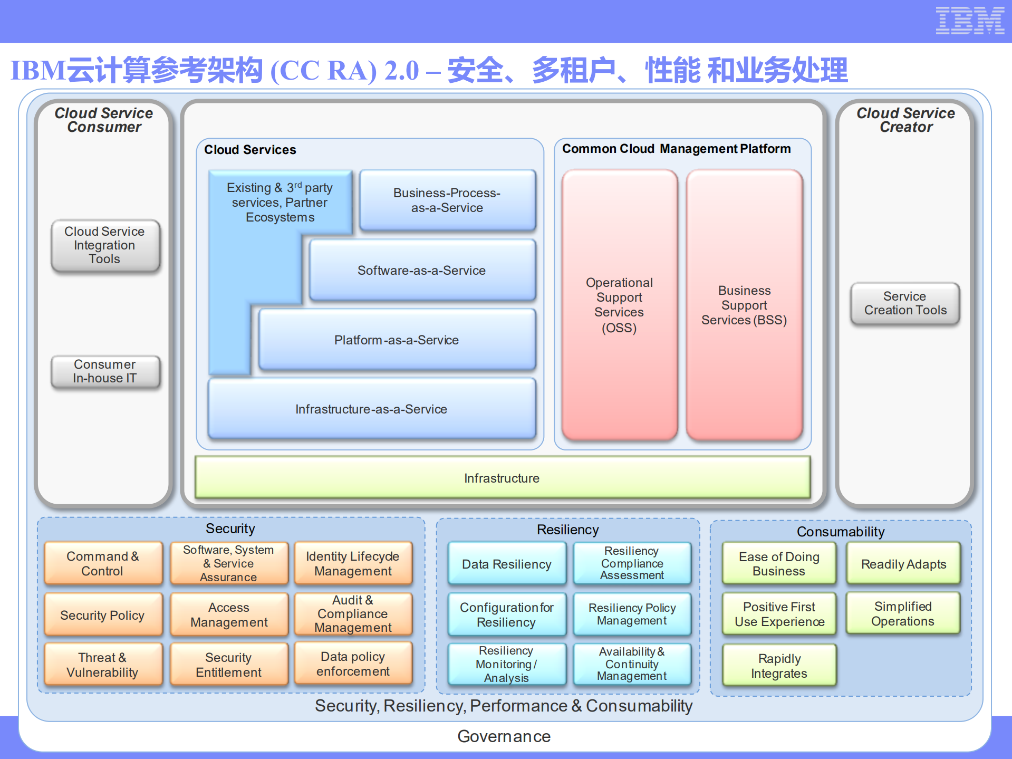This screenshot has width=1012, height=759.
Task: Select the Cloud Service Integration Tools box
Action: click(105, 245)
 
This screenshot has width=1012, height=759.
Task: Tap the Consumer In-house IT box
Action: click(105, 371)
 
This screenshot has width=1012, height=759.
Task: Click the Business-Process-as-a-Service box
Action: click(447, 200)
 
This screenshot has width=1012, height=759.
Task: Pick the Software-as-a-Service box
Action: click(422, 270)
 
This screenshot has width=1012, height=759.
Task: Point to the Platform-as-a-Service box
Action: click(397, 340)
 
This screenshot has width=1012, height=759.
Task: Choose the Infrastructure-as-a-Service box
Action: click(371, 409)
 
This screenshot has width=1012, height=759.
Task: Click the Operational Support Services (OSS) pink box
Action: click(619, 305)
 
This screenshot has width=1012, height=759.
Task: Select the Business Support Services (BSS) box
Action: click(744, 305)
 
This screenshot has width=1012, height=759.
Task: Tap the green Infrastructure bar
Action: click(502, 478)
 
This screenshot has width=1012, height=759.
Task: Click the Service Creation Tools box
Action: click(905, 303)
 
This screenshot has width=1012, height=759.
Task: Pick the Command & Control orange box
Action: click(103, 563)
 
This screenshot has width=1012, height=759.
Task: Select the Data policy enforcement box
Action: click(353, 664)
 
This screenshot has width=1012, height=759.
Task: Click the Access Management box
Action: click(229, 614)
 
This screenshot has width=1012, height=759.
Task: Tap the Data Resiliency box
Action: click(506, 564)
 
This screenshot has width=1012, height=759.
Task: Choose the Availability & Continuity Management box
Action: click(632, 664)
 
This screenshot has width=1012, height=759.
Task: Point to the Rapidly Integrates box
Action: click(779, 666)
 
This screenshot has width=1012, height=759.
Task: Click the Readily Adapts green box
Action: click(903, 564)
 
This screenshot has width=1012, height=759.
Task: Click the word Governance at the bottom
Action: click(504, 736)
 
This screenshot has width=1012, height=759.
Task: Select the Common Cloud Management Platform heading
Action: click(676, 149)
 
